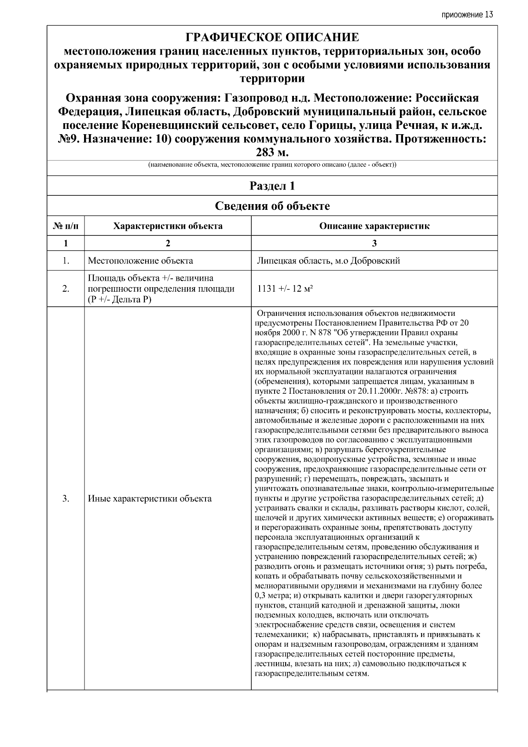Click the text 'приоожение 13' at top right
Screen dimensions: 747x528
coord(467,15)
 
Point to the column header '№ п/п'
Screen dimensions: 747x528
coord(66,226)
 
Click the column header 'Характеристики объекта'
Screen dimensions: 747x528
coord(168,226)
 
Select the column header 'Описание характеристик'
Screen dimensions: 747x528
coord(374,226)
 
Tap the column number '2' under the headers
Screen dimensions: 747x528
coord(168,243)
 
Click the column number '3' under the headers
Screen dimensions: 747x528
coord(374,243)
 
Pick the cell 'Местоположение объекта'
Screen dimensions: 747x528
coord(140,261)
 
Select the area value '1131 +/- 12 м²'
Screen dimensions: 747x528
coord(285,289)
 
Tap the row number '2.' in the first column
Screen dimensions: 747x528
coord(66,289)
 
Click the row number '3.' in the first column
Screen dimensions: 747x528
coord(66,498)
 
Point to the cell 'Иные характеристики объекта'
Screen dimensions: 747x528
coord(150,498)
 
